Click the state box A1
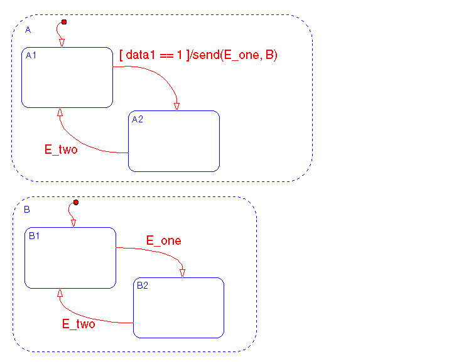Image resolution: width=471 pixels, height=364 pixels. pyautogui.click(x=67, y=78)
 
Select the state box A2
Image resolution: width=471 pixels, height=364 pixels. pyautogui.click(x=174, y=141)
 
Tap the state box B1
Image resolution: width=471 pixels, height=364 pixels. pyautogui.click(x=70, y=258)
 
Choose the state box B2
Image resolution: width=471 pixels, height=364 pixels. pyautogui.click(x=179, y=308)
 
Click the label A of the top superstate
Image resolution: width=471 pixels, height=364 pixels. pyautogui.click(x=28, y=30)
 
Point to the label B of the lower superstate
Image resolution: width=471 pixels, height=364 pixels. pyautogui.click(x=27, y=210)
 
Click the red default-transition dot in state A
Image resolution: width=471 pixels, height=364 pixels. pyautogui.click(x=64, y=23)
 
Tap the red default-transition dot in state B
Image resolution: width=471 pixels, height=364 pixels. pyautogui.click(x=76, y=202)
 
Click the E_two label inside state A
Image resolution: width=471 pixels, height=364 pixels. pyautogui.click(x=61, y=149)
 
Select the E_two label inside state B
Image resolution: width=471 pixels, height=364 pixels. pyautogui.click(x=78, y=324)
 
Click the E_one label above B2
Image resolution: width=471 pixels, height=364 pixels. pyautogui.click(x=164, y=240)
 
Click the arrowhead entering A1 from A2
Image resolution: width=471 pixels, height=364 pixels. pyautogui.click(x=60, y=112)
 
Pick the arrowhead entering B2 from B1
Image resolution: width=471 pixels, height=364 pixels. pyautogui.click(x=182, y=272)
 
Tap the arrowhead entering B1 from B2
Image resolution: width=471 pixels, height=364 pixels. pyautogui.click(x=60, y=293)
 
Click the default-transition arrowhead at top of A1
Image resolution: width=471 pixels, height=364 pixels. pyautogui.click(x=62, y=43)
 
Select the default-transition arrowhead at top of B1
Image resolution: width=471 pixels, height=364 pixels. pyautogui.click(x=73, y=223)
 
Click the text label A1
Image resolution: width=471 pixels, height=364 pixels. pyautogui.click(x=31, y=56)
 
